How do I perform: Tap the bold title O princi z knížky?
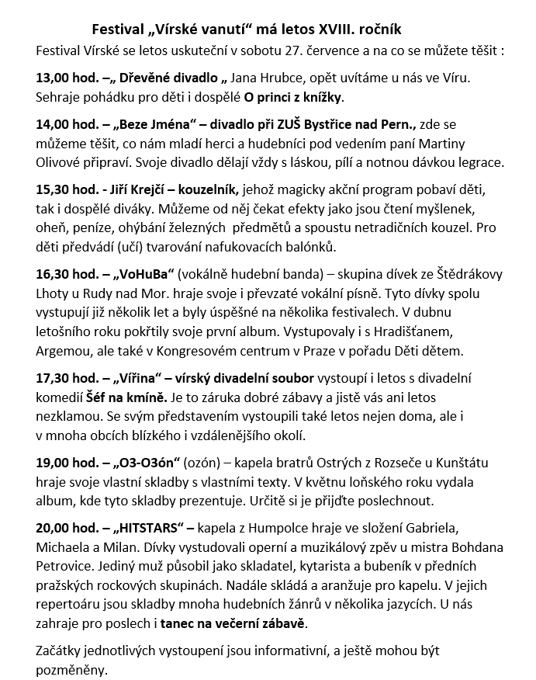293,98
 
